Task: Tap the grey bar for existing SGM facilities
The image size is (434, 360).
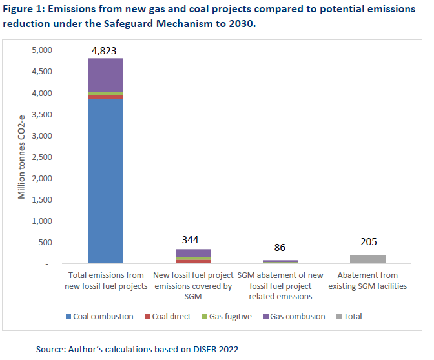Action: pyautogui.click(x=367, y=259)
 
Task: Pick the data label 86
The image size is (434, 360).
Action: pyautogui.click(x=280, y=248)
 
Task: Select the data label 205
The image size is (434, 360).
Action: pyautogui.click(x=367, y=243)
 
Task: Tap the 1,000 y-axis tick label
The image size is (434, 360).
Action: pyautogui.click(x=43, y=221)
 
